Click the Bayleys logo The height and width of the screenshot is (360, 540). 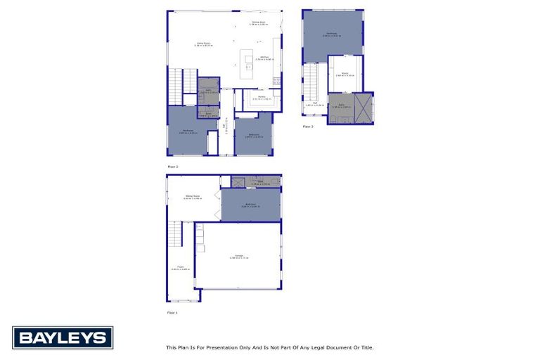tap(62, 337)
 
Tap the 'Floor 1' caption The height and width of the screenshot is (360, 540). tap(172, 311)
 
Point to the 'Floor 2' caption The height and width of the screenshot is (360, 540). tap(172, 166)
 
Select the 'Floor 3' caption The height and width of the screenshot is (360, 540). tap(308, 127)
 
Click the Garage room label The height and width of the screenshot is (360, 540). tap(239, 257)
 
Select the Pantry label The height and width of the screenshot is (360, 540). tap(261, 97)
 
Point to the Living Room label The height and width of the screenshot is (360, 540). tap(203, 44)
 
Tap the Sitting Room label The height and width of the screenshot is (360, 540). tap(193, 197)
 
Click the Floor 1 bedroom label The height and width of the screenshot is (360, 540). tap(251, 205)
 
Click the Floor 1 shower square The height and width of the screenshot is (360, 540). tap(238, 183)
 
